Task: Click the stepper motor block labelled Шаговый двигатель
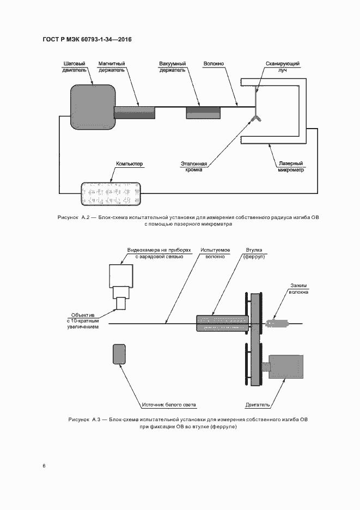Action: coord(93,104)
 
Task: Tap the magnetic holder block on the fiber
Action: coord(135,112)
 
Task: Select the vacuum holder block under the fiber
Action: coord(204,112)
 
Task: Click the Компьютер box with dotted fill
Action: coord(110,193)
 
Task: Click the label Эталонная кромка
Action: coord(194,166)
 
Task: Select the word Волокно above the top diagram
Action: coord(213,64)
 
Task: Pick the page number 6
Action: coord(44,466)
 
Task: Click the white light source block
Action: coord(119,354)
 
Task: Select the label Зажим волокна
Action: coord(299,288)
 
